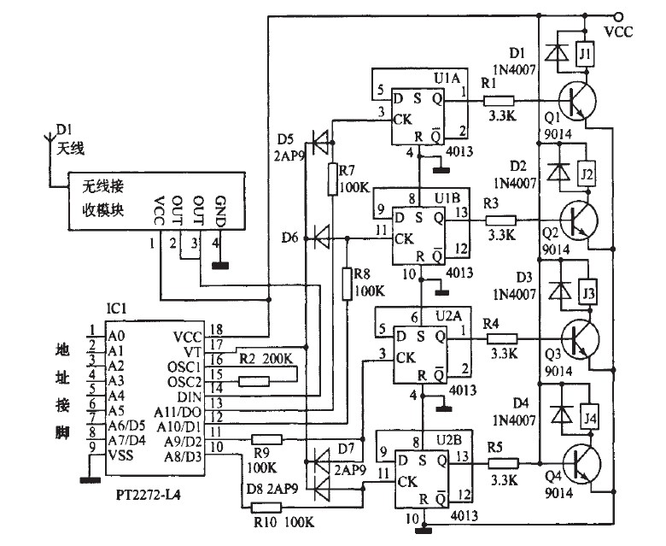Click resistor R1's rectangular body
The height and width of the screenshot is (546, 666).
pos(499,100)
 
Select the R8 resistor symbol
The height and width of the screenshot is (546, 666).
pos(348,284)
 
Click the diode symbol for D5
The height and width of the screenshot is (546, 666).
pos(320,138)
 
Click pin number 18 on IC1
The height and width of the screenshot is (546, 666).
pos(217,330)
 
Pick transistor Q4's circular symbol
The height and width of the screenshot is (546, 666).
pos(577,462)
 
